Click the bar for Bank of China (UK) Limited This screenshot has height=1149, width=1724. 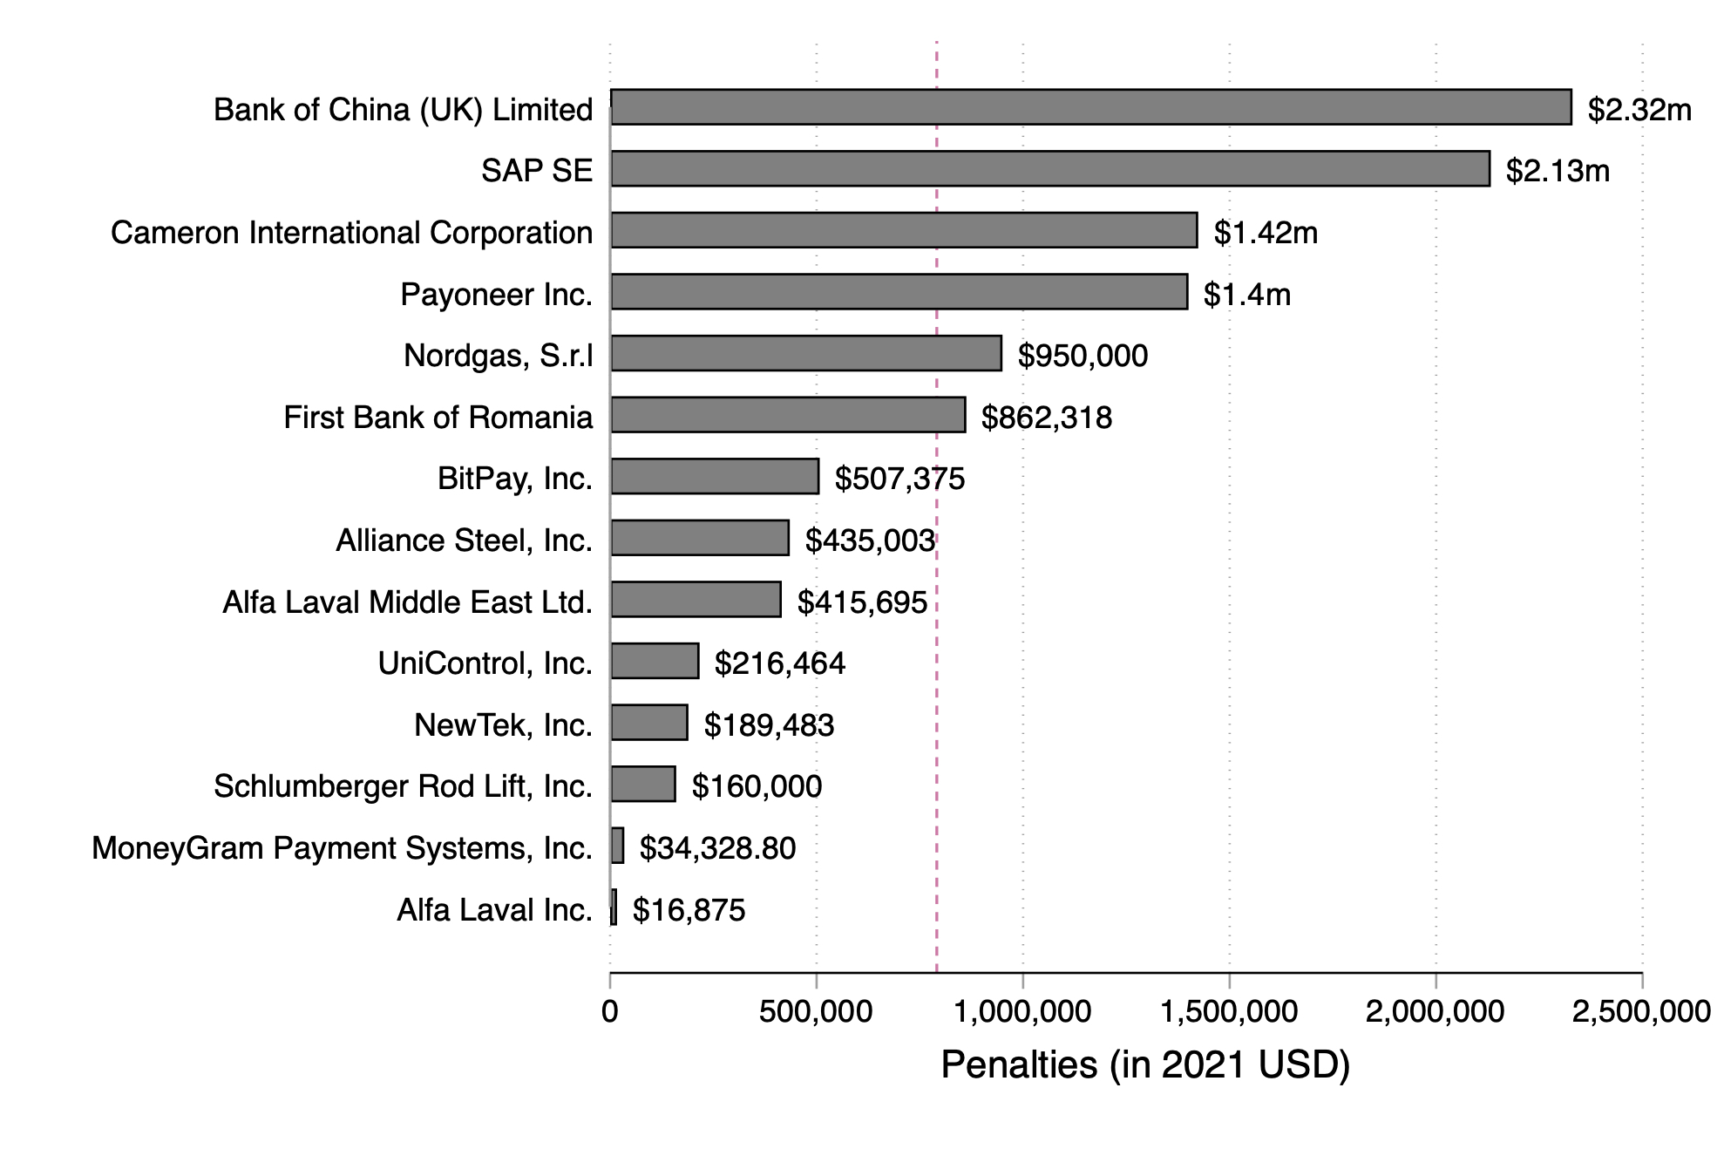(1089, 107)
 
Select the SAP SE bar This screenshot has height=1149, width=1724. (1049, 168)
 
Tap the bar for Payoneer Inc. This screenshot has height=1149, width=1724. (898, 291)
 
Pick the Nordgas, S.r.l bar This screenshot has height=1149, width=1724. (805, 353)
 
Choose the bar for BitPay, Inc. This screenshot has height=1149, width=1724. (714, 476)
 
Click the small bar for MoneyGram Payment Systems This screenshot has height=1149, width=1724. (617, 846)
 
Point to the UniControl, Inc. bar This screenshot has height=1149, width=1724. (654, 661)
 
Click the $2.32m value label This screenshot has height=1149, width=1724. (1639, 110)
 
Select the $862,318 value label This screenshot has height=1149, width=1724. (1046, 418)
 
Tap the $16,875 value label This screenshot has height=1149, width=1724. (689, 910)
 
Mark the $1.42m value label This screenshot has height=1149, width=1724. (1266, 233)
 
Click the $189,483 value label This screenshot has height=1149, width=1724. (769, 725)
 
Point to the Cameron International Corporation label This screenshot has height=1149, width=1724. (351, 233)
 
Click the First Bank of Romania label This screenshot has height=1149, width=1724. (438, 418)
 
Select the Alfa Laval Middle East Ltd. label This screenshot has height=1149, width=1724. (407, 602)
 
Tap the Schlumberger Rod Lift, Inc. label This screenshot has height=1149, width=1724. (403, 786)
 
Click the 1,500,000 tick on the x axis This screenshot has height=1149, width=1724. (1229, 1011)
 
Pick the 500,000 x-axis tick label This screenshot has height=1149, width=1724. (816, 1011)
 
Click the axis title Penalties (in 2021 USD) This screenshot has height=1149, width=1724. (1144, 1064)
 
